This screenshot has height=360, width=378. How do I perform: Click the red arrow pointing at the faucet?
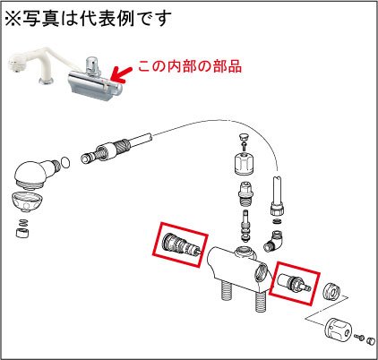coord(122,74)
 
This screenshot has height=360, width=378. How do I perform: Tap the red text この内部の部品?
coord(190,66)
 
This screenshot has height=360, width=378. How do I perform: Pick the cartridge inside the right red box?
coord(294,282)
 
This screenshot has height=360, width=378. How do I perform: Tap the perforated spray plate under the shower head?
coord(27,202)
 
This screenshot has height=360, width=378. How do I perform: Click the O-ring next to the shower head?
coord(65,163)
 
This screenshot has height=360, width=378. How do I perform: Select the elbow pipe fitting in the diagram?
coord(273,241)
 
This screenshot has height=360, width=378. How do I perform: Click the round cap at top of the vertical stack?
coord(244,138)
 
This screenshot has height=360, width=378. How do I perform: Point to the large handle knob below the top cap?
coord(244,163)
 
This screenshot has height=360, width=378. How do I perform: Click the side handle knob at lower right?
coord(339,330)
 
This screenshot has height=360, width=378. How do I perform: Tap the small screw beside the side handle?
coord(359,338)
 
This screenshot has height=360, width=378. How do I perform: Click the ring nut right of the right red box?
coord(332,290)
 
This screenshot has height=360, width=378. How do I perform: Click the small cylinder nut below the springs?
coord(22,233)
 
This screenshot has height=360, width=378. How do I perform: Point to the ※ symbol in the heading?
coord(13,19)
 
